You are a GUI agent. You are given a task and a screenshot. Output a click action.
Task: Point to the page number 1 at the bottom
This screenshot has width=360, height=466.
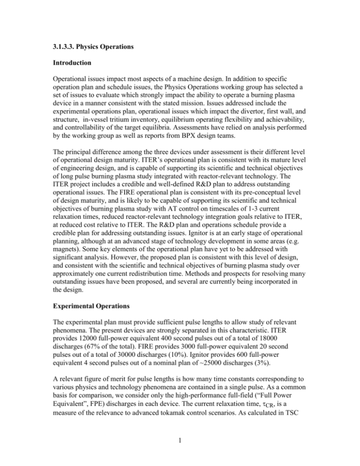pyautogui.click(x=180, y=448)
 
